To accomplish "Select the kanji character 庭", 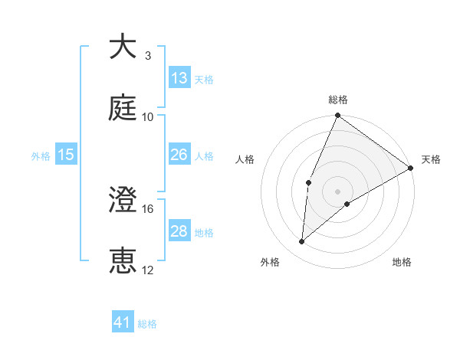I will pos(123,108).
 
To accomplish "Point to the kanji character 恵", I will pos(123,261).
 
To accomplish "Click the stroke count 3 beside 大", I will pos(147,56).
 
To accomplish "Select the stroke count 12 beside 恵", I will pos(148,270).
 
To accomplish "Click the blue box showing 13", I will pos(179,78).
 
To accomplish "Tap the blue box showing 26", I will pos(179,155).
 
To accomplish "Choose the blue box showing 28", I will pos(179,231).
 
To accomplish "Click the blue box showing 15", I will pos(66,155).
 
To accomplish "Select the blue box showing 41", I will pos(123,323).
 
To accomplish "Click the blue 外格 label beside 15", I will pos(41,155).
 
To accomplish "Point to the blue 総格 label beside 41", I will pos(147,324).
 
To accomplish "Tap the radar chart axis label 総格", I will pos(338,100).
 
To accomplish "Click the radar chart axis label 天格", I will pos(431,159).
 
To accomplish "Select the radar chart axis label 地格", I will pos(402,262).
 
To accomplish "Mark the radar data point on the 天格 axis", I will pos(411,168).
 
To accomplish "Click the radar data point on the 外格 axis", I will pos(302,242).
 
